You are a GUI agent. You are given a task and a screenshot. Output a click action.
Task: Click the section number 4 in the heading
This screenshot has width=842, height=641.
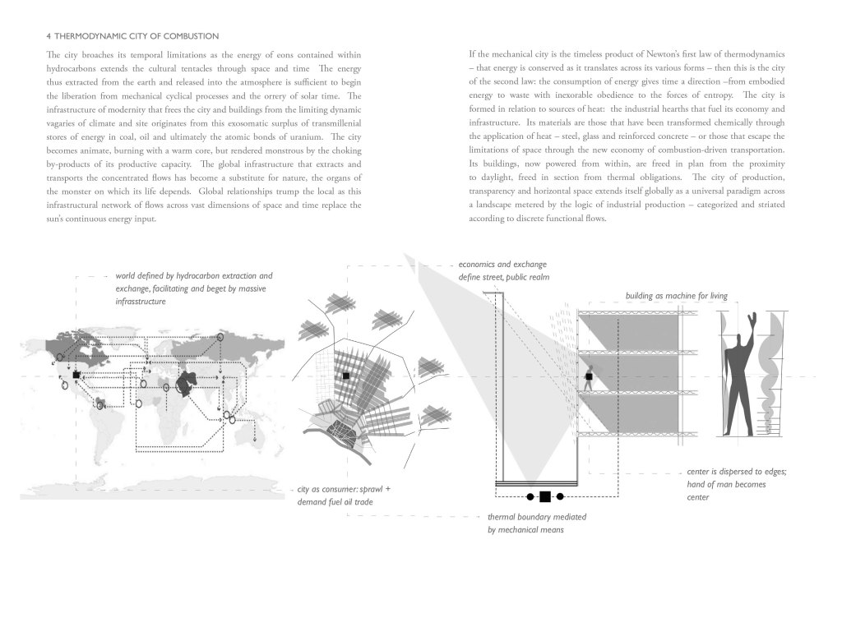49,35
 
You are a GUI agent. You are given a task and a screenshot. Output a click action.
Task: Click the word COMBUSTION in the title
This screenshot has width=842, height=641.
189,35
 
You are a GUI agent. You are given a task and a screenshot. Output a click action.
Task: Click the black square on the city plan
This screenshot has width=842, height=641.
347,376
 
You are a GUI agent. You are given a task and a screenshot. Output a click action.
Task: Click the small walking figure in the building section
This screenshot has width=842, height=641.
589,380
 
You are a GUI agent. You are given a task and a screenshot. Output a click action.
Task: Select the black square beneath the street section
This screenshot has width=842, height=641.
544,496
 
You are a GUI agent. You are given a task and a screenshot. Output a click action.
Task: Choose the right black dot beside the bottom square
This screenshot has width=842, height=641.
559,496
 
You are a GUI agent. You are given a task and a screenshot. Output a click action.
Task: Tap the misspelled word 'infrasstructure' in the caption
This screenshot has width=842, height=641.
141,302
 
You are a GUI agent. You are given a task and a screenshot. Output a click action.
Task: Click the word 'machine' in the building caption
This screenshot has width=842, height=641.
673,294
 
